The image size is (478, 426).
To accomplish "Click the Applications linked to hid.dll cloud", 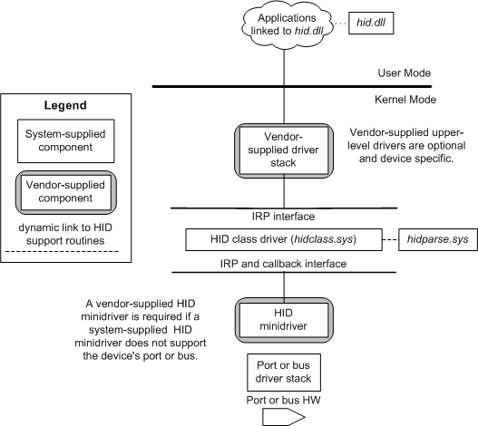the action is (x=287, y=25).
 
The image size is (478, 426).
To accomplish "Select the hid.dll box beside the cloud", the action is (x=371, y=23).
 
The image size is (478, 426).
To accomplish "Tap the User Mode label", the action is (x=405, y=73).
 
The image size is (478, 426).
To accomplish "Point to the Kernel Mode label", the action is (x=405, y=100).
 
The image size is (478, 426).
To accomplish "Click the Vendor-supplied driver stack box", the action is (x=284, y=150).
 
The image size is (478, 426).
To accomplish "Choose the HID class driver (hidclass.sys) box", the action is (x=284, y=239).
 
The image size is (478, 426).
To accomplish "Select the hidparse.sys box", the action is (x=438, y=239).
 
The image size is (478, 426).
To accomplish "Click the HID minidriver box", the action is (x=284, y=320).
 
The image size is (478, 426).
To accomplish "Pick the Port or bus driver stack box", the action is (x=284, y=372).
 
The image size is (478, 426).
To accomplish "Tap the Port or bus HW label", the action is (x=283, y=400).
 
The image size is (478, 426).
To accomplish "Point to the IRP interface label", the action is (x=283, y=217).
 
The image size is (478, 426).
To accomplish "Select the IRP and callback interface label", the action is (x=283, y=264).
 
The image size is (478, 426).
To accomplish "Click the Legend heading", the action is (x=65, y=105).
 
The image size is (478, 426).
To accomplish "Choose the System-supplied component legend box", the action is (x=66, y=140).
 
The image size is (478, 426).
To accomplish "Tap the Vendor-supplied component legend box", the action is (x=66, y=192).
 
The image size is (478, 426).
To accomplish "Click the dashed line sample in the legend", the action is (x=62, y=252).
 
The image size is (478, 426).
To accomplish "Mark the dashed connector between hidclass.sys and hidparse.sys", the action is (x=390, y=240).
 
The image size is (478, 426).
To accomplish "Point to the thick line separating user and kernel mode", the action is (x=292, y=87).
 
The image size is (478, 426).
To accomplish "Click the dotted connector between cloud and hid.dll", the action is (x=341, y=23).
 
